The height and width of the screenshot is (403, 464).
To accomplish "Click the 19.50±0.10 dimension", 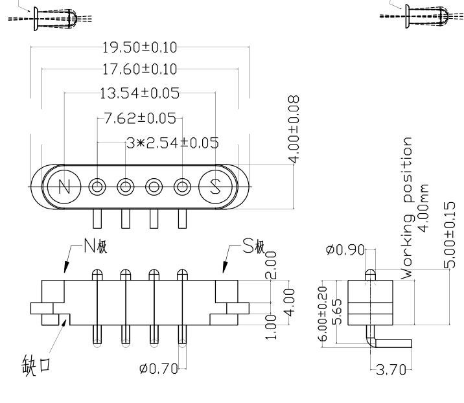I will [140, 47].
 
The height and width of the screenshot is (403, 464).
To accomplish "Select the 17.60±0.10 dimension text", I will [140, 69].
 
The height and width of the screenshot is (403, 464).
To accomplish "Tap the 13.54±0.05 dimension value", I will [139, 93].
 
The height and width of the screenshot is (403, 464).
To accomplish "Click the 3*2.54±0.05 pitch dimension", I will [173, 143].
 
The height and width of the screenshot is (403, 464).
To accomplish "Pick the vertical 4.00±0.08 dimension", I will [294, 130].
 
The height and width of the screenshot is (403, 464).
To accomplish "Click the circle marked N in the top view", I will [64, 187].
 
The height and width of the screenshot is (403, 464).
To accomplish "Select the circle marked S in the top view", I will [215, 187].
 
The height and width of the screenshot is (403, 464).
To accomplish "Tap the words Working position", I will [407, 207].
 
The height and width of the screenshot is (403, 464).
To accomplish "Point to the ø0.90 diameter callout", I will [347, 251].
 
